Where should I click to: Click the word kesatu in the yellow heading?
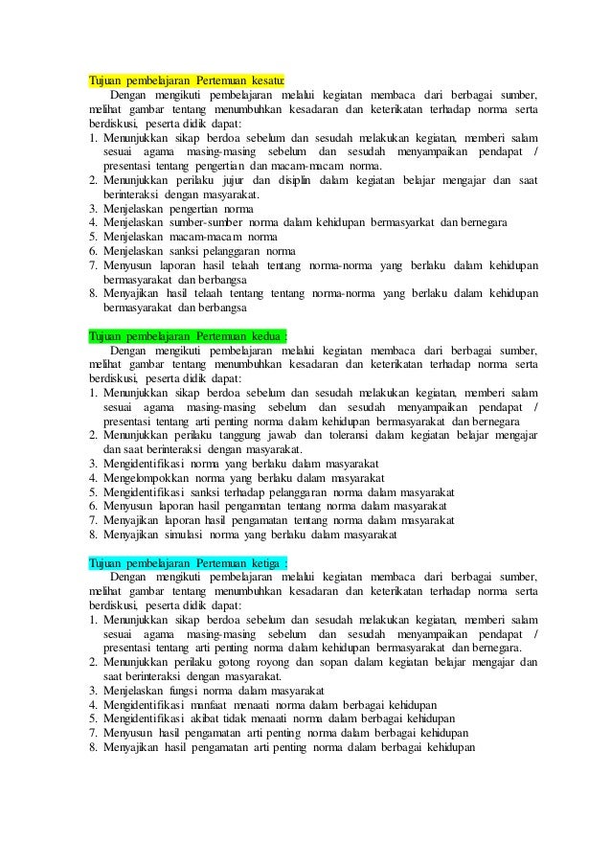pos(264,80)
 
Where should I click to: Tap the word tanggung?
pos(244,436)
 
